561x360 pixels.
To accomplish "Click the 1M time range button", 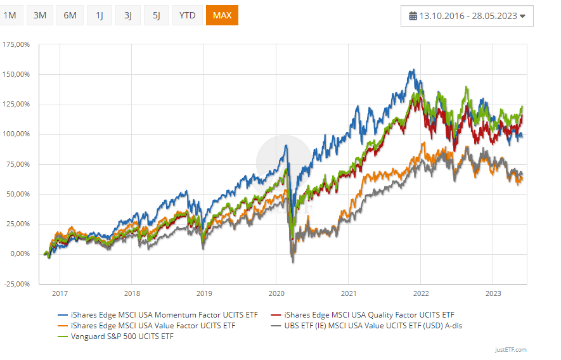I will point(10,15).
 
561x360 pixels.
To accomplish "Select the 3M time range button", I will point(40,15).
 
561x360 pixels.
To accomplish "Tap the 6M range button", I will point(70,15).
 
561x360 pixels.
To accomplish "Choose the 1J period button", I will point(100,15).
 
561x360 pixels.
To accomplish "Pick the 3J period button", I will point(128,15).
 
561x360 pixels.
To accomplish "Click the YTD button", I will point(187,15).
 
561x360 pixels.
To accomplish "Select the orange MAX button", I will point(222,15).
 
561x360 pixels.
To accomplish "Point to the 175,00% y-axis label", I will point(16,45).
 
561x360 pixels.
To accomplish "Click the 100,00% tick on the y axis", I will point(16,134).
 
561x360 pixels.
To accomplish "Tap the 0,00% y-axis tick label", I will point(20,254).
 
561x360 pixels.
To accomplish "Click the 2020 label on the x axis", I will point(276,293).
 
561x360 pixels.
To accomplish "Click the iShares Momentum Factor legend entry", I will point(158,314).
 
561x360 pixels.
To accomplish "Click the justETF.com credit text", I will point(511,349).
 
